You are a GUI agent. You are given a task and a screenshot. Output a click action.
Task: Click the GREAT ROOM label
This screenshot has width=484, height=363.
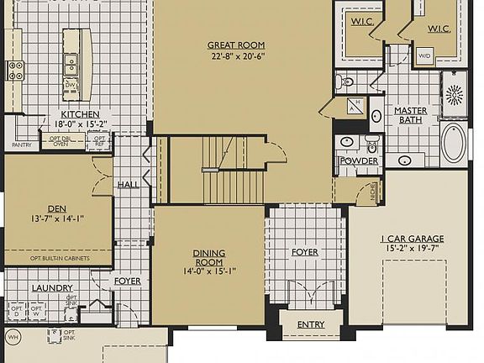click(236, 45)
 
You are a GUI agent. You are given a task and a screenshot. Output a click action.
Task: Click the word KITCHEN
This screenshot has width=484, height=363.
click(81, 114)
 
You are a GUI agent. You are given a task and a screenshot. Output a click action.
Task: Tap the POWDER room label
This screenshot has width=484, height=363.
click(359, 161)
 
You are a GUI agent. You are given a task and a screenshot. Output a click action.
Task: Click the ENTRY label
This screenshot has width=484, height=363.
click(310, 325)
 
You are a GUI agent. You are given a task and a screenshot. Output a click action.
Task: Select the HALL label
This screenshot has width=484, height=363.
click(129, 184)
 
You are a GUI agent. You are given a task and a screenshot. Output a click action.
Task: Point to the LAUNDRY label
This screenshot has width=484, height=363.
click(52, 288)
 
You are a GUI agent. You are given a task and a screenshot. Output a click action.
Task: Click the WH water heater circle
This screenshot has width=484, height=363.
click(13, 338)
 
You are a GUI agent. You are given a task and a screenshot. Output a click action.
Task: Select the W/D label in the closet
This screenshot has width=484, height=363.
click(424, 55)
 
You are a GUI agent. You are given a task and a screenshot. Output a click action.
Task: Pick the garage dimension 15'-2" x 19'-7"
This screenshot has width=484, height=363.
click(412, 249)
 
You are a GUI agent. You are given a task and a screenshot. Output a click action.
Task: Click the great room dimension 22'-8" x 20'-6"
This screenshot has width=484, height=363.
click(236, 57)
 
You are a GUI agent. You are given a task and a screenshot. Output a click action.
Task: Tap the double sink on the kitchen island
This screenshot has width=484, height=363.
click(71, 59)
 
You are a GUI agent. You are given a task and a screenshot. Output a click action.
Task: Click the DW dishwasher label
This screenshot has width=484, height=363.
click(71, 84)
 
